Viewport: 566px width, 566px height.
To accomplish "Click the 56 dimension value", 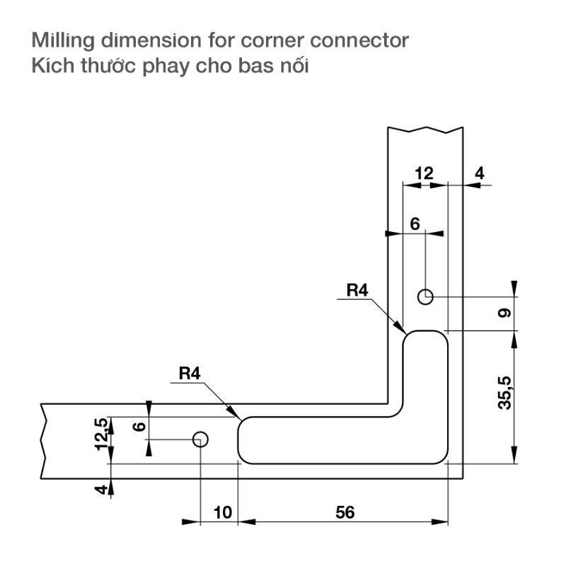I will click(x=345, y=512).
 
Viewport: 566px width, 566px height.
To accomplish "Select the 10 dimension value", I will click(x=222, y=512).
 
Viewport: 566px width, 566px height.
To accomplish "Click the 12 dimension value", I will click(x=424, y=173).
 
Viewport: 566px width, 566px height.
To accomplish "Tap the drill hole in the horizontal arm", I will click(x=200, y=439).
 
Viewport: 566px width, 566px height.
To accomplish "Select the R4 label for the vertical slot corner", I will click(x=359, y=290).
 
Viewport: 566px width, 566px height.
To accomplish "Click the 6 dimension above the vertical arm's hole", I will click(x=415, y=224).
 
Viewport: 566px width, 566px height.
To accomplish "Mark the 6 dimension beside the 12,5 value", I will click(x=139, y=427).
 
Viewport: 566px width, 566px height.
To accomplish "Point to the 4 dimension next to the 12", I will click(x=479, y=173).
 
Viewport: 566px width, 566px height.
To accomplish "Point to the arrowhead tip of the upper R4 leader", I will click(x=404, y=333).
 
